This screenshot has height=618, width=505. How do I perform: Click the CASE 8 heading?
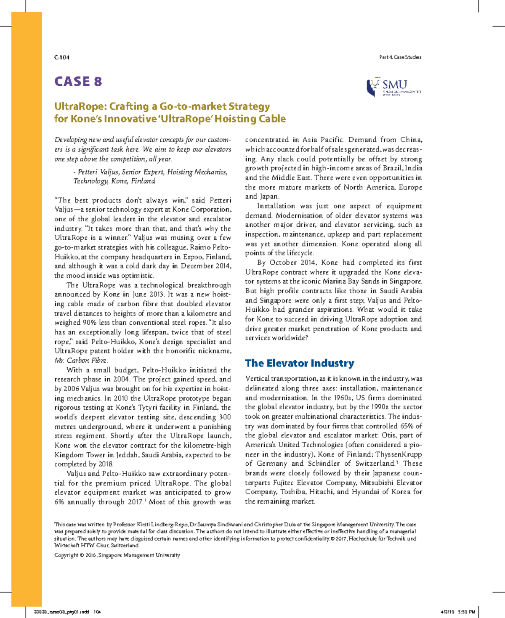pyautogui.click(x=78, y=82)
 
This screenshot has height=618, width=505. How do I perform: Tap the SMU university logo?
pyautogui.click(x=393, y=88)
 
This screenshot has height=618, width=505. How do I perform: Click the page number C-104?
pyautogui.click(x=61, y=57)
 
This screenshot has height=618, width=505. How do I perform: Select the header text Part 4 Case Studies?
pyautogui.click(x=400, y=57)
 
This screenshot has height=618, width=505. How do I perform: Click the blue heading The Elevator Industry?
pyautogui.click(x=300, y=363)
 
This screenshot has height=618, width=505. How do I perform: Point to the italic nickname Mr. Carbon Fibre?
pyautogui.click(x=81, y=361)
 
